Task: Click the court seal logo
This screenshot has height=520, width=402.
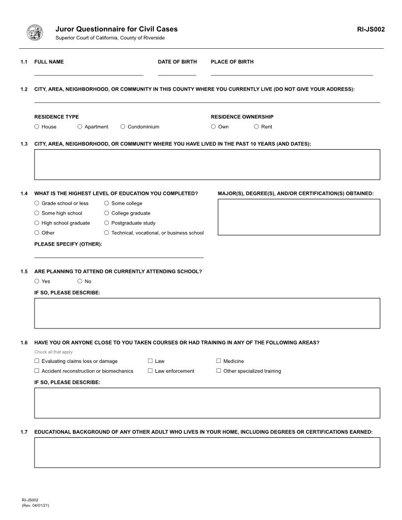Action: tap(34, 32)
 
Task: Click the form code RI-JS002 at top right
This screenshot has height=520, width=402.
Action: tap(370, 29)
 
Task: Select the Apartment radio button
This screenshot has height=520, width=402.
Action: tap(80, 127)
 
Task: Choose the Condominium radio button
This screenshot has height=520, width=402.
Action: tap(123, 127)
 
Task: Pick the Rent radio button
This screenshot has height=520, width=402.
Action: tap(256, 127)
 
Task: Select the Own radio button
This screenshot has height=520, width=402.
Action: tap(213, 127)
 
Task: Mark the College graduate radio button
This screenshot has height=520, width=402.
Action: tap(106, 213)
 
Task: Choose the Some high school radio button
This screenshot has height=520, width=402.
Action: tap(37, 213)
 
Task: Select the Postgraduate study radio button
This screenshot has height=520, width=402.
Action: tap(106, 223)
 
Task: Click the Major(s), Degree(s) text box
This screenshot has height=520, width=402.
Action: tap(299, 217)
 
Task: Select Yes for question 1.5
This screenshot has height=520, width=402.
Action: tap(37, 281)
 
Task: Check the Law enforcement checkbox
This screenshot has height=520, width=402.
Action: tap(150, 371)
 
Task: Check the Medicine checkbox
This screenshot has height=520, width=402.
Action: tap(219, 361)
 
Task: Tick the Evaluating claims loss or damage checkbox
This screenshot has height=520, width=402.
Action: tap(37, 361)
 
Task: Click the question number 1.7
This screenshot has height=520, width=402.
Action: tap(24, 432)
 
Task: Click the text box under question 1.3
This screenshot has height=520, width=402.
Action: tap(207, 164)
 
